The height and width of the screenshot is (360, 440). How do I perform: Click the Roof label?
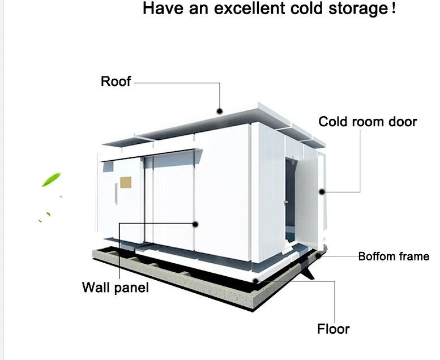coord(116,82)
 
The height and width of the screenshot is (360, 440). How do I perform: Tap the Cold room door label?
coord(368,122)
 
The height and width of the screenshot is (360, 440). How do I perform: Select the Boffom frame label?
coord(394,256)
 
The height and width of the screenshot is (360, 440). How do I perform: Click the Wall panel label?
coord(115,287)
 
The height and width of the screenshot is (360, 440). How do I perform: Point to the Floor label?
coord(333,329)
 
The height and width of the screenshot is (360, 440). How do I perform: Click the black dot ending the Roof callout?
coord(220,112)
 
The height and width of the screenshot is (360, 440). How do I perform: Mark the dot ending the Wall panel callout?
coord(195,224)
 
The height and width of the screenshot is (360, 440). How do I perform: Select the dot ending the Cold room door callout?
coord(321,192)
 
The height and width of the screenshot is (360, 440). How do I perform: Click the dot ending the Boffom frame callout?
coord(321,256)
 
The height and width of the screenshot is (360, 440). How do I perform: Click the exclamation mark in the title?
coord(393,9)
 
